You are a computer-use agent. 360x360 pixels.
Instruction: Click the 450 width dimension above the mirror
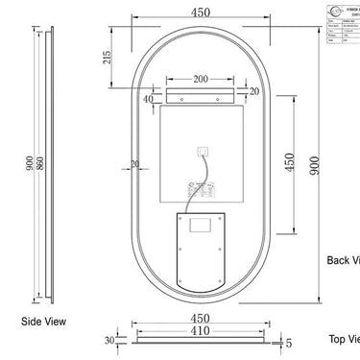(201, 13)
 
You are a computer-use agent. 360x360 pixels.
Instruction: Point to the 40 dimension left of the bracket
(149, 98)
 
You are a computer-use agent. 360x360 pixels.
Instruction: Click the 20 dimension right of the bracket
(254, 90)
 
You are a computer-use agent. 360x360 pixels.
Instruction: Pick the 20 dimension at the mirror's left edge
(135, 164)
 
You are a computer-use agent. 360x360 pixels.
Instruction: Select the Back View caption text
(343, 259)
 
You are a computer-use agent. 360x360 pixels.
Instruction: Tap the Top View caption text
(344, 339)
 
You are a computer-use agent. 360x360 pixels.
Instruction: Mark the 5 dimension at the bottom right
(287, 340)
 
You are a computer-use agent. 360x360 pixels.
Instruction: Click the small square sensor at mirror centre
(203, 149)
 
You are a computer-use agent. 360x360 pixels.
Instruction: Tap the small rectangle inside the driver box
(202, 227)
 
